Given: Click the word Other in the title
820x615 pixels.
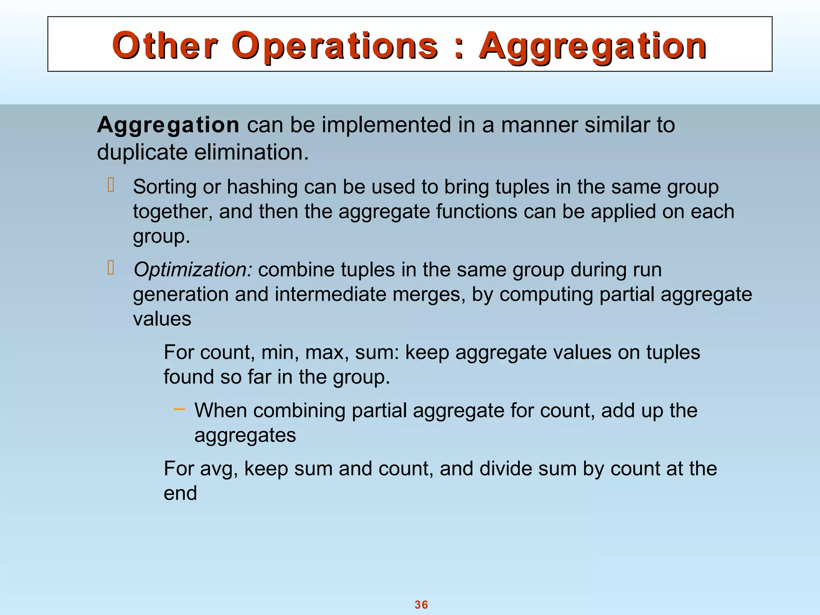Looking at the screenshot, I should point(165,45).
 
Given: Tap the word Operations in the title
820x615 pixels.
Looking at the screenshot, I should point(335,45).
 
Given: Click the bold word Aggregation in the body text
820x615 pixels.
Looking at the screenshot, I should point(168,125).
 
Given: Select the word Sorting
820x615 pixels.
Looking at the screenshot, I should point(165,187).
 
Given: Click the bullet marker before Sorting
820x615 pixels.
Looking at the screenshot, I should point(111,185).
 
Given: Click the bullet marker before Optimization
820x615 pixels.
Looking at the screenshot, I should point(111,267).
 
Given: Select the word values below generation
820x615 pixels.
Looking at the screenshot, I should point(162,319).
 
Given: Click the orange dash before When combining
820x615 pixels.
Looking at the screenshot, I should point(179,409).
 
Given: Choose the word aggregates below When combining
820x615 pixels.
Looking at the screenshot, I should point(245,436).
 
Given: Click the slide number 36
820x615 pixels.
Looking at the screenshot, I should point(421,605).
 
